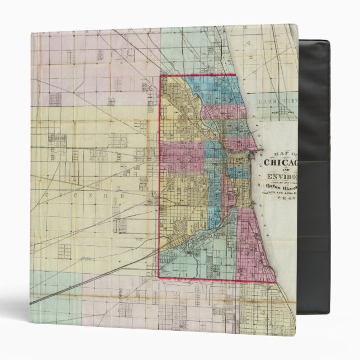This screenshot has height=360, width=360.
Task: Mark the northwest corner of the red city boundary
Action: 161,75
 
